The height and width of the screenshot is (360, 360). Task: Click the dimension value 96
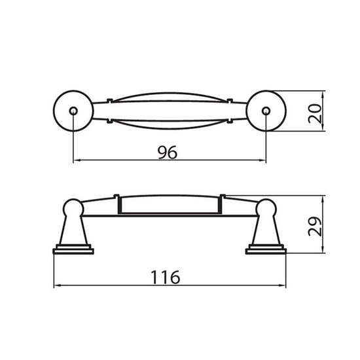pos(168,153)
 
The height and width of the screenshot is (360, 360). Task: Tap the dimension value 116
pos(166,278)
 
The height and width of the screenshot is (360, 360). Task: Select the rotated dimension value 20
pos(315,113)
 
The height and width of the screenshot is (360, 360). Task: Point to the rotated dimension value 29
pos(315,226)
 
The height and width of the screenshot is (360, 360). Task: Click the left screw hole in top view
pos(73,111)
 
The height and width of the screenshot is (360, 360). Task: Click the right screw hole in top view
pos(266,111)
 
